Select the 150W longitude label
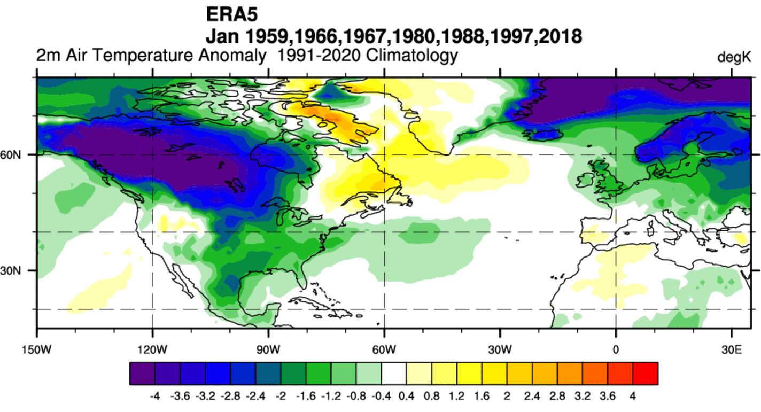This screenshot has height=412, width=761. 37,351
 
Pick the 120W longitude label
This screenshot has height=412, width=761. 153,351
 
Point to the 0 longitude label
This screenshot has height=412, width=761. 616,351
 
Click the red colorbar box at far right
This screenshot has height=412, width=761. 645,374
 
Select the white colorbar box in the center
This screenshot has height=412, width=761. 394,374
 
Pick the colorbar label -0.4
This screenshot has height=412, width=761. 381,398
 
